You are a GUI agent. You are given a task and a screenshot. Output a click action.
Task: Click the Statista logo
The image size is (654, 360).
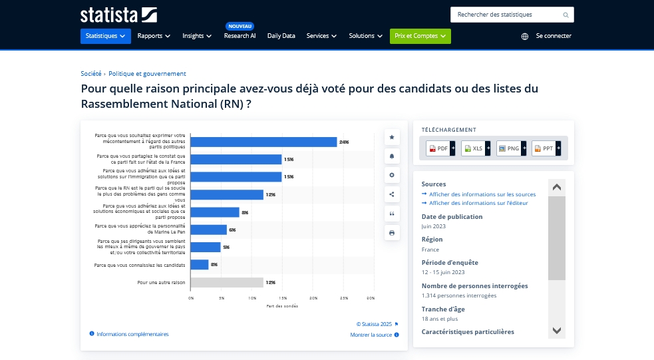[x=118, y=15]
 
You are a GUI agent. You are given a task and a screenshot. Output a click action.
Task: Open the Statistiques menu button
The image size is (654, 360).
[x=106, y=36]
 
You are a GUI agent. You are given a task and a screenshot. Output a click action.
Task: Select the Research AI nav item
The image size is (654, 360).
[x=240, y=36]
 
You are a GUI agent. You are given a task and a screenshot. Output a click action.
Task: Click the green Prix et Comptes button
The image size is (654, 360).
[x=420, y=36]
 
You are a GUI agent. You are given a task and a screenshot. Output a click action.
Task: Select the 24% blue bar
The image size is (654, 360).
[x=263, y=142]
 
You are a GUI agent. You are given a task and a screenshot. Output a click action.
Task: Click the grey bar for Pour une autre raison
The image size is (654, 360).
[x=227, y=282]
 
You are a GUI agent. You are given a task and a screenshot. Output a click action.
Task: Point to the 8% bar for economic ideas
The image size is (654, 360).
[x=215, y=212]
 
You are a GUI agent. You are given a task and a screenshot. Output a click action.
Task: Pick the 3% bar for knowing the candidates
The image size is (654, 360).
[x=200, y=265]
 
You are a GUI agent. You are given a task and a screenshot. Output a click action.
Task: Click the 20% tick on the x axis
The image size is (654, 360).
[x=313, y=298]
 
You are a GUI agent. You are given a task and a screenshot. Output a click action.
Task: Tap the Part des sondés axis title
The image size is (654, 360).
[x=282, y=306]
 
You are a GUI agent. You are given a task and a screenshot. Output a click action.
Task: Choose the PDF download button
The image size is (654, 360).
[x=439, y=148]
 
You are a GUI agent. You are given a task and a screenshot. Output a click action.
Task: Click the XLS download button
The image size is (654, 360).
[x=474, y=148]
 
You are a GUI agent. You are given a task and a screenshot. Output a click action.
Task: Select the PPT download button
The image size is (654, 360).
[x=545, y=148]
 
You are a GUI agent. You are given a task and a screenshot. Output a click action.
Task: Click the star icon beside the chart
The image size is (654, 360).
[x=392, y=137]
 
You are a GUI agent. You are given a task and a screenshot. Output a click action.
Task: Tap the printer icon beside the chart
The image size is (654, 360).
[x=392, y=233]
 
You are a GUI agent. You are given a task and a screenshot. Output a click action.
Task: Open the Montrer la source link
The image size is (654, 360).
[x=371, y=335]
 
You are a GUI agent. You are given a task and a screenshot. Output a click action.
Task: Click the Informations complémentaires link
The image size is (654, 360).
[x=132, y=334]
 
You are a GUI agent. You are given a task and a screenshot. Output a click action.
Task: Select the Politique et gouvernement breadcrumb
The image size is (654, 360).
[x=147, y=74]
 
